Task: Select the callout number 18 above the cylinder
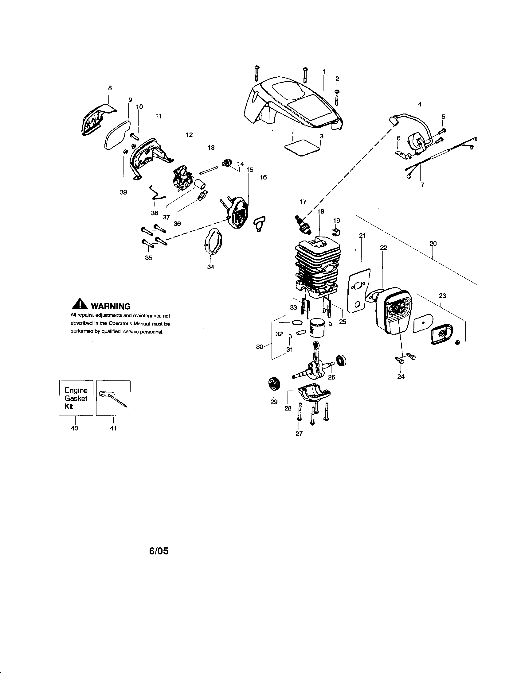click(x=320, y=211)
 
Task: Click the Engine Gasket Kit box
click(x=76, y=398)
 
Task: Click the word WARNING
click(x=110, y=306)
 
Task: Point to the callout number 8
click(x=110, y=88)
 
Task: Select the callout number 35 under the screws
click(x=148, y=258)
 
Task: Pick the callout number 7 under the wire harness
click(x=422, y=185)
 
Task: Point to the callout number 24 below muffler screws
click(x=401, y=376)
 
